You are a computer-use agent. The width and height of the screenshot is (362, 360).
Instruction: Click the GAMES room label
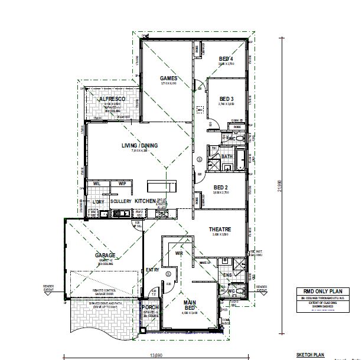tap(169, 78)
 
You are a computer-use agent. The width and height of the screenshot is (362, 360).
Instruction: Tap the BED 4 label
tap(226, 59)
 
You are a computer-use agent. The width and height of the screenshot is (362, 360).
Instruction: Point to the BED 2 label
tap(221, 188)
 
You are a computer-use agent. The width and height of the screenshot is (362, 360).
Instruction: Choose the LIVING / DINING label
tap(136, 146)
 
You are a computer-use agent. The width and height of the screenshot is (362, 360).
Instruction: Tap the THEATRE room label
tap(219, 229)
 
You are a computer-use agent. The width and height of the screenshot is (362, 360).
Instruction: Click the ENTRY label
tap(153, 270)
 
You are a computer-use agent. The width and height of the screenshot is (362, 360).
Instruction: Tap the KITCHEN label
tap(145, 201)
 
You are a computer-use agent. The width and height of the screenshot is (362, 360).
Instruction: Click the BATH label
tap(227, 156)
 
